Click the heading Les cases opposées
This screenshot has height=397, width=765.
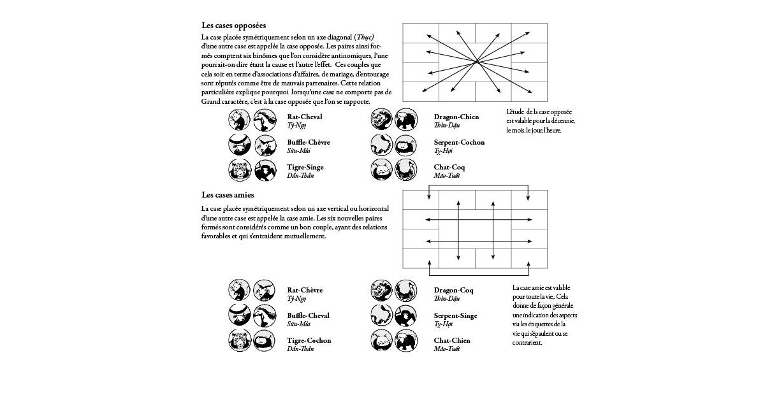click(234, 25)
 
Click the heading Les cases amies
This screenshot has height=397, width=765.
click(228, 194)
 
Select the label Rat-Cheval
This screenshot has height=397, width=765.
click(305, 117)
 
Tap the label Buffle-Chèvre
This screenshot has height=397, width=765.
click(309, 142)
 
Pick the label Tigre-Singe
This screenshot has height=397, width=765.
click(305, 167)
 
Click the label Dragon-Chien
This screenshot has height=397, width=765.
click(456, 117)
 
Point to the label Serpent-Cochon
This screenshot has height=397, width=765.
click(459, 142)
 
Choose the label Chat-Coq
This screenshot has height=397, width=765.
click(449, 167)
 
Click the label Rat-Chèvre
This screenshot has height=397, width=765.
click(305, 290)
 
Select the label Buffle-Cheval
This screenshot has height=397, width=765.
click(309, 315)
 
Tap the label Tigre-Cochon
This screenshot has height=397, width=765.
click(309, 340)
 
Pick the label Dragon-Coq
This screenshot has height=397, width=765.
click(453, 290)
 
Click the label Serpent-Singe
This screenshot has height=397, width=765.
click(455, 315)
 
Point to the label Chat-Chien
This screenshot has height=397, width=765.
click(452, 340)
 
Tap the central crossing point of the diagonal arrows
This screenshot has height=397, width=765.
click(477, 62)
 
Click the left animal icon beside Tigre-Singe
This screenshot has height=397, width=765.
click(238, 170)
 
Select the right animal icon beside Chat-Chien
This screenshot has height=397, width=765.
click(405, 341)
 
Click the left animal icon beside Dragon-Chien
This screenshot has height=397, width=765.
click(381, 119)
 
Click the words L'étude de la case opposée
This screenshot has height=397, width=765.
click(539, 112)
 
